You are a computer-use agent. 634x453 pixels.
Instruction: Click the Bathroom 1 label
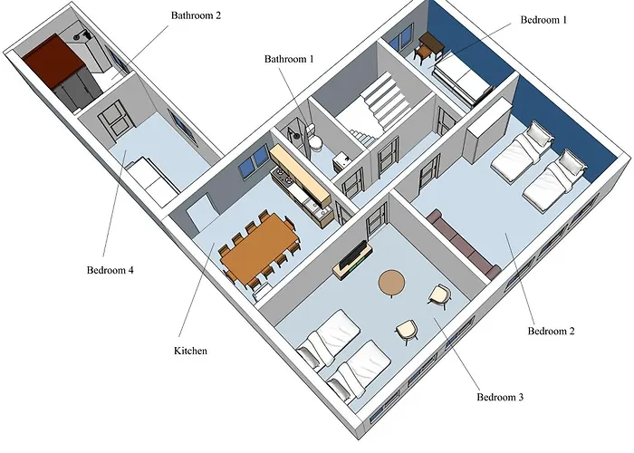(288, 59)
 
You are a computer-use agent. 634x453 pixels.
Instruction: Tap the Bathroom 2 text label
(197, 15)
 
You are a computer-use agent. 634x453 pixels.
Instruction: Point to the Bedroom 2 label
(551, 331)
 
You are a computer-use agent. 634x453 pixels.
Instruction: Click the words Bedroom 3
(499, 397)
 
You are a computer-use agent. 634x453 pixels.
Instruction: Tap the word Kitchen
(190, 350)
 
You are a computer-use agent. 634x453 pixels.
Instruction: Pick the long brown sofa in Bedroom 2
(464, 243)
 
